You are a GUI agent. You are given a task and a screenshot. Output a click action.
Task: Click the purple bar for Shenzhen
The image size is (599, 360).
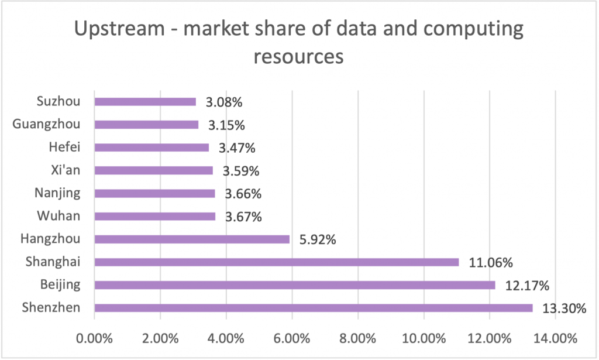pyautogui.click(x=313, y=308)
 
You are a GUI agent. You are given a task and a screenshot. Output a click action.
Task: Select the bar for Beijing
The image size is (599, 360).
pyautogui.click(x=294, y=285)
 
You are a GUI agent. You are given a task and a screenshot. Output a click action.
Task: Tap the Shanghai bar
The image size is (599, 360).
pyautogui.click(x=276, y=262)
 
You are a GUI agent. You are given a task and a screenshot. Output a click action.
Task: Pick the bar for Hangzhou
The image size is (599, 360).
pyautogui.click(x=191, y=239)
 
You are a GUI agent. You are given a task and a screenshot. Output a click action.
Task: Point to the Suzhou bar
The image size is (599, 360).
pyautogui.click(x=144, y=102)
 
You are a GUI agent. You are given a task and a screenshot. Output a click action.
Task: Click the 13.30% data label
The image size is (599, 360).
pyautogui.click(x=564, y=308)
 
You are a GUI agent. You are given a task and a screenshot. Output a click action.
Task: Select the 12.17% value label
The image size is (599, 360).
pyautogui.click(x=527, y=285)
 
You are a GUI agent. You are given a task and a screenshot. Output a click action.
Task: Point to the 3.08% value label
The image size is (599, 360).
pyautogui.click(x=223, y=102)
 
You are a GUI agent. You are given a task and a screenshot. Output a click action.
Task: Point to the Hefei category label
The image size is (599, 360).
pyautogui.click(x=64, y=148)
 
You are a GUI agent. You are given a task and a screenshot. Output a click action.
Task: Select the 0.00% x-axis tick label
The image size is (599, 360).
pyautogui.click(x=94, y=338)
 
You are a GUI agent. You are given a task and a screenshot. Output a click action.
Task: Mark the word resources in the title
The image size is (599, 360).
pyautogui.click(x=298, y=57)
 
